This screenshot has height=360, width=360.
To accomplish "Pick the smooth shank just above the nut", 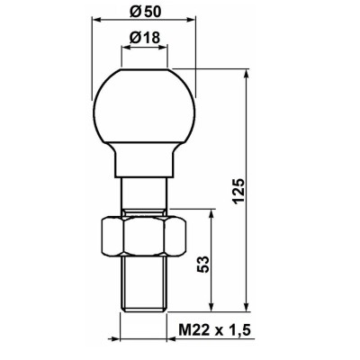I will click(x=144, y=197).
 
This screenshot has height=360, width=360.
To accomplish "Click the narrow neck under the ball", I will click(x=144, y=163).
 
